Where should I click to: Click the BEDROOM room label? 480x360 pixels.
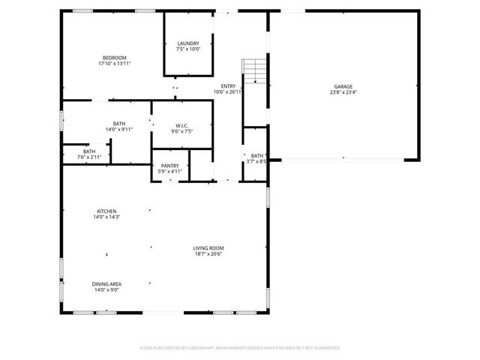click(x=114, y=58)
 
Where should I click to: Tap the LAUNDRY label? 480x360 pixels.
click(x=188, y=43)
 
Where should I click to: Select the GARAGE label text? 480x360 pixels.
click(x=343, y=86)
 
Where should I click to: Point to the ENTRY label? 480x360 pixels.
click(x=227, y=86)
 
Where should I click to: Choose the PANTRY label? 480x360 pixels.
click(x=169, y=166)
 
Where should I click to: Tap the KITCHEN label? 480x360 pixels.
click(x=106, y=211)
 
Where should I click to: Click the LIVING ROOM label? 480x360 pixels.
click(x=209, y=248)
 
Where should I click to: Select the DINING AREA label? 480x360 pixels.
click(x=106, y=283)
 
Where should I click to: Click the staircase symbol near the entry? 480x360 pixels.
click(x=256, y=70)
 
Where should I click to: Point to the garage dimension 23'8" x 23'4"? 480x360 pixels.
click(x=343, y=92)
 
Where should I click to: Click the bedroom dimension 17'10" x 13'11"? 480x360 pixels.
click(x=114, y=64)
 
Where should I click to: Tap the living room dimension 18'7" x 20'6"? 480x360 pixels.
click(x=209, y=253)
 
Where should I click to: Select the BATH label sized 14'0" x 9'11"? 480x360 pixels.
click(x=119, y=124)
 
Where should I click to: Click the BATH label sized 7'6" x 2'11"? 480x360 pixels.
click(x=89, y=151)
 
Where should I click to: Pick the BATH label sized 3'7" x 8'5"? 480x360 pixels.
click(x=257, y=155)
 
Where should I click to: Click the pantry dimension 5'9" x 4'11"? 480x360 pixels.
click(x=169, y=171)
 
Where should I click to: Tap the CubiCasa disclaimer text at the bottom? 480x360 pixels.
click(x=240, y=348)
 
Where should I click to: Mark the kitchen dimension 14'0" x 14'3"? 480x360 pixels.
click(x=106, y=217)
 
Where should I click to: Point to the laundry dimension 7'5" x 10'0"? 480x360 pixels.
click(x=188, y=49)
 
